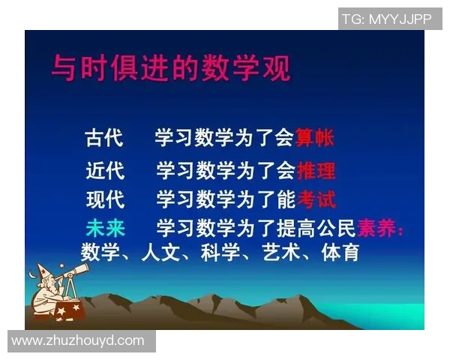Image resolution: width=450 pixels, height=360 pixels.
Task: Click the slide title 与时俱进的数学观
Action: coord(170,68)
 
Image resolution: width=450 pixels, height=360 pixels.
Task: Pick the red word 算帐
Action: coord(314,139)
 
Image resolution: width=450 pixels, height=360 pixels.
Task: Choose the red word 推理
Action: coord(316,171)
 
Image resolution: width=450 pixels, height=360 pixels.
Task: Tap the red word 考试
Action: coord(316,199)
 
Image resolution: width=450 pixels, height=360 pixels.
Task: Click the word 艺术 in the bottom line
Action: coord(280,252)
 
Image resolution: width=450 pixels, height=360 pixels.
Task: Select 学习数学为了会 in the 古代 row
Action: coord(225,139)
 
